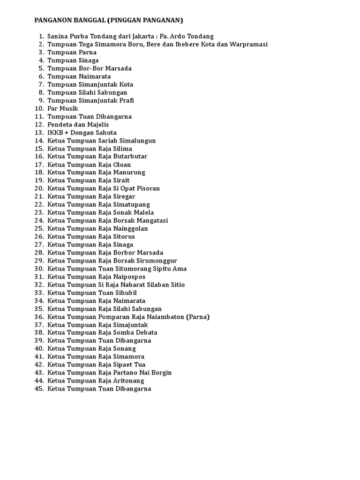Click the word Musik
click(68, 108)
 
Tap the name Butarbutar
click(130, 157)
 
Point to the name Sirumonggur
click(157, 261)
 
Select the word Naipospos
click(129, 277)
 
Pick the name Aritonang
click(129, 381)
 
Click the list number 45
click(39, 389)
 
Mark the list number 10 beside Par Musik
click(39, 108)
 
